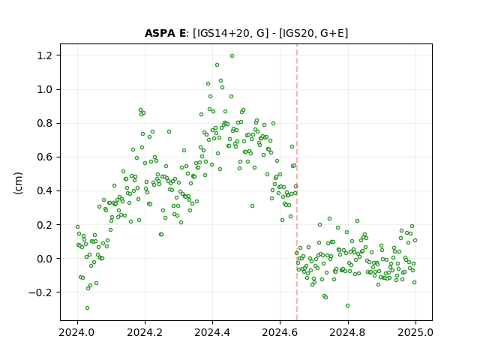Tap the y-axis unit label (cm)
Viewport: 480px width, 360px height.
pyautogui.click(x=18, y=183)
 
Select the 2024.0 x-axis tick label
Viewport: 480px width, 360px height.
pyautogui.click(x=77, y=332)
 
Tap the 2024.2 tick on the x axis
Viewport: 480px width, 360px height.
pyautogui.click(x=145, y=332)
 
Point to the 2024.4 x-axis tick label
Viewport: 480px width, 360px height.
pyautogui.click(x=212, y=332)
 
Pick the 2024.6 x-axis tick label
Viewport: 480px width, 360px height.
pyautogui.click(x=280, y=332)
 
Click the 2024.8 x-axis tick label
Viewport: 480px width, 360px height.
pyautogui.click(x=348, y=332)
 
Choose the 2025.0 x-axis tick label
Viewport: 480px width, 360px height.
pyautogui.click(x=415, y=332)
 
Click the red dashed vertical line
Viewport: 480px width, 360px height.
pyautogui.click(x=297, y=182)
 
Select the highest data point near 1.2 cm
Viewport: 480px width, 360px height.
pyautogui.click(x=232, y=56)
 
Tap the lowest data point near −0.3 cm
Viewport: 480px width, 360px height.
pyautogui.click(x=87, y=308)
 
